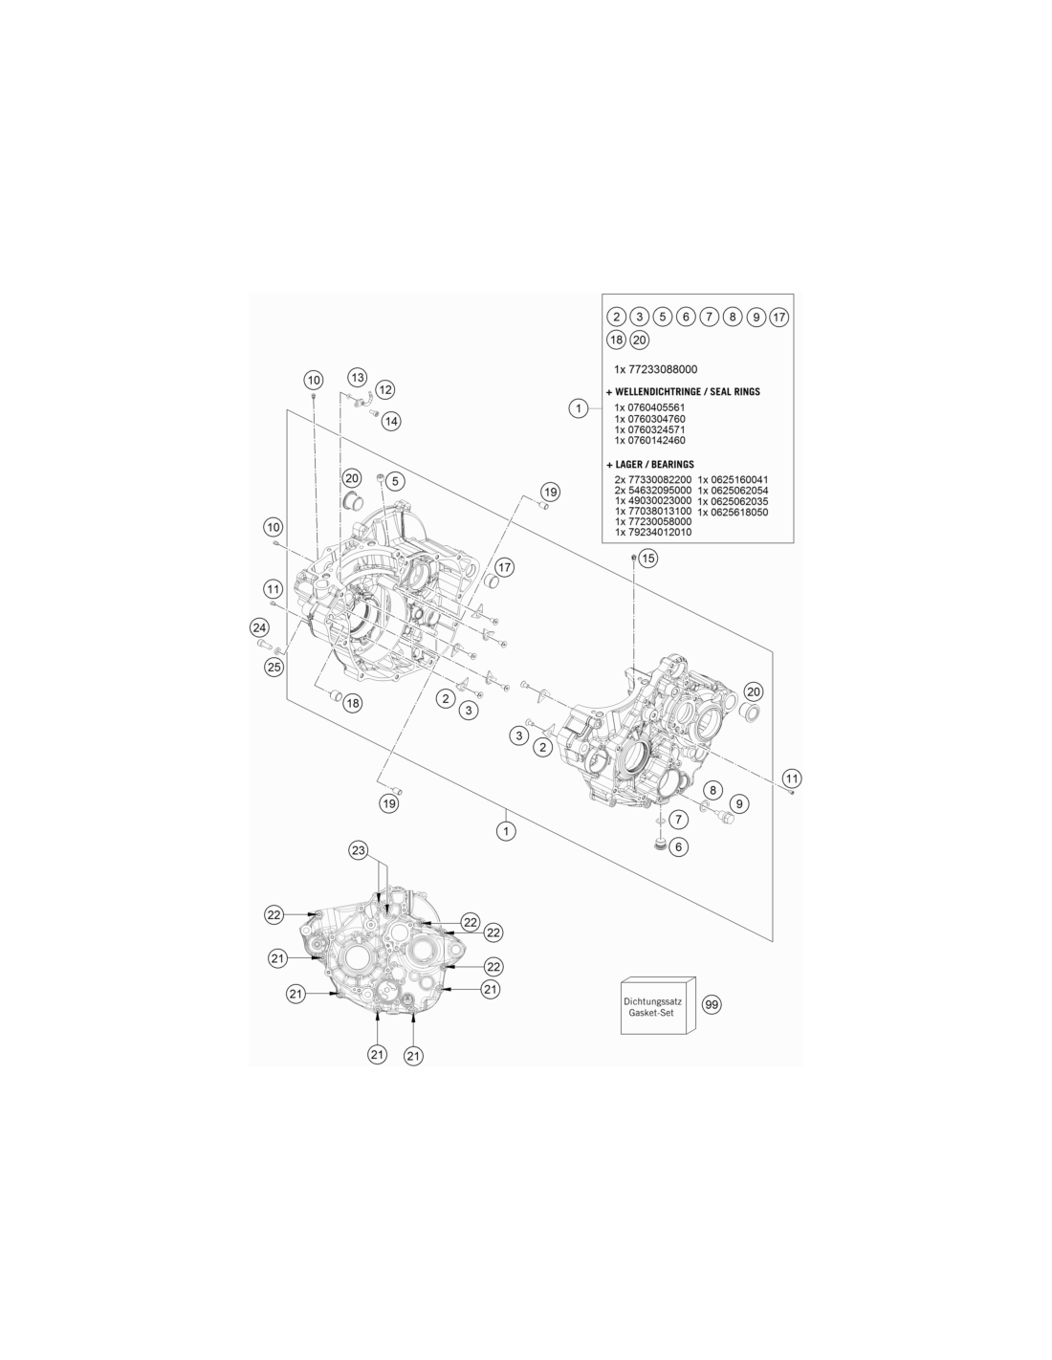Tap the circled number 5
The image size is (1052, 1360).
pyautogui.click(x=395, y=481)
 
